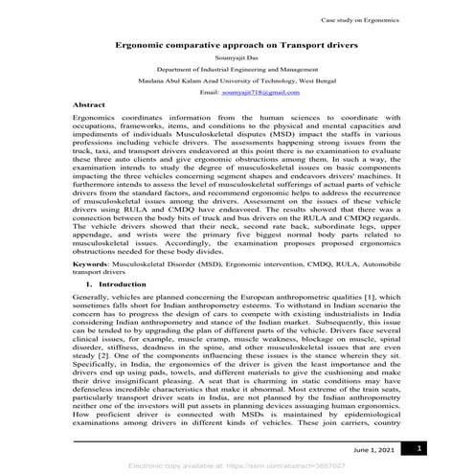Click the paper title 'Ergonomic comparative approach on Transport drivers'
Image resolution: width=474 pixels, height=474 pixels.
pyautogui.click(x=237, y=44)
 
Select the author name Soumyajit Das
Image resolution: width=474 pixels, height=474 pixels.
pyautogui.click(x=237, y=57)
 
